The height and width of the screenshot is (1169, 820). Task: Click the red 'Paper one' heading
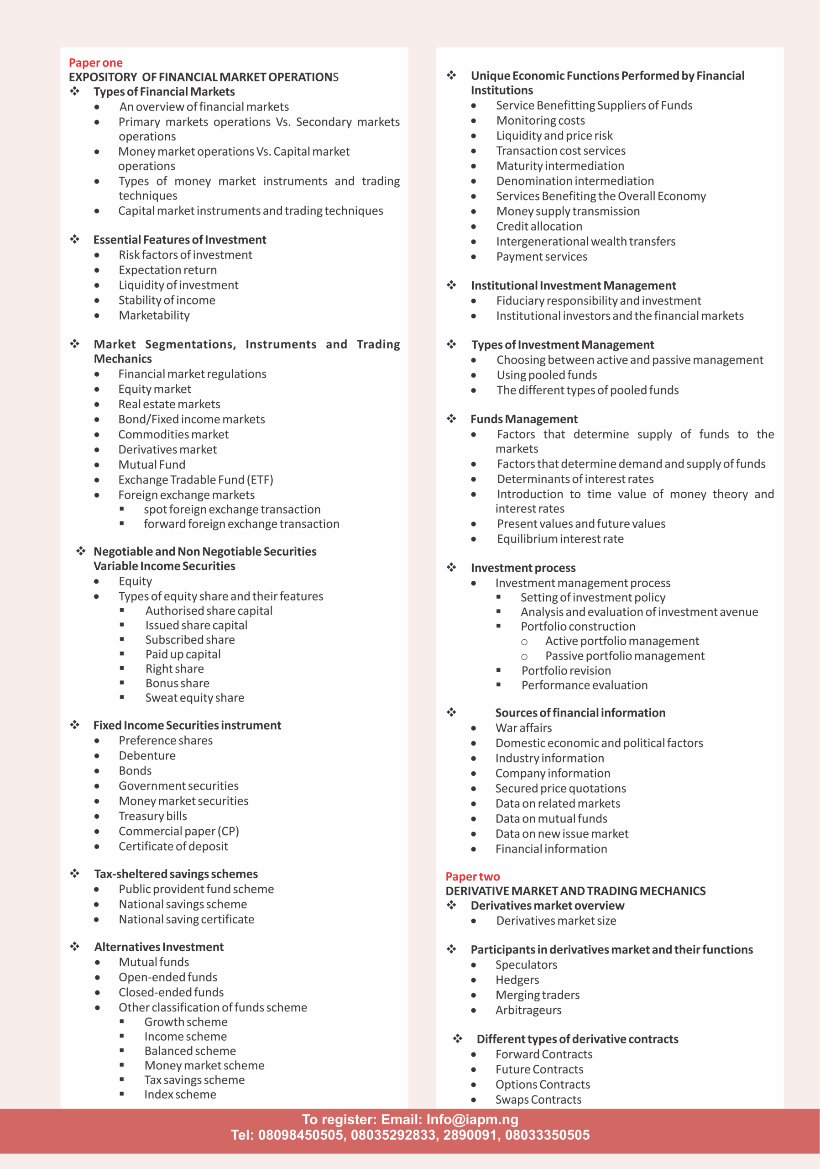tap(96, 63)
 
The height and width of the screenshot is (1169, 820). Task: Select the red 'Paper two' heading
tap(473, 876)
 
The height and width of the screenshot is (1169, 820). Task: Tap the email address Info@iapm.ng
tap(472, 1120)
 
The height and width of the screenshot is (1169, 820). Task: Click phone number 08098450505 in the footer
tap(301, 1135)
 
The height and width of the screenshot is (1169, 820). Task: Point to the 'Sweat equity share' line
tap(194, 698)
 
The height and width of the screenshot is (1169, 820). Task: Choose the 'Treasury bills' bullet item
tap(152, 816)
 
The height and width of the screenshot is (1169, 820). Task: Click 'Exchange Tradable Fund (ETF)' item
tap(195, 479)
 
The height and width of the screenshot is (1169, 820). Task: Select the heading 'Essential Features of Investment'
tap(180, 240)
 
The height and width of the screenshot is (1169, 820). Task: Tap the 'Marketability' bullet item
tap(154, 315)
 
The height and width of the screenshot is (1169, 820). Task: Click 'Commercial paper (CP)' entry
tap(178, 831)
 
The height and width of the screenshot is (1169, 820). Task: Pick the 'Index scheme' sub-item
tap(180, 1094)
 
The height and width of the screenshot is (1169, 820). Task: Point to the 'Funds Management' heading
tap(524, 419)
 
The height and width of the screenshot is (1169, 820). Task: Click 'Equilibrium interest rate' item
tap(560, 539)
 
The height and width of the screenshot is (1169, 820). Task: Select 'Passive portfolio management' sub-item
tap(625, 656)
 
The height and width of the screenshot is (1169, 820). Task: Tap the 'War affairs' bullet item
tap(523, 727)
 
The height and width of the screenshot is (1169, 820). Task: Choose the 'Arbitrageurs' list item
tap(528, 1010)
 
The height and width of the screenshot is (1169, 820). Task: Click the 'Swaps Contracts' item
tap(538, 1099)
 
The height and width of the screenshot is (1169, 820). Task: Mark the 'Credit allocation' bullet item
tap(539, 226)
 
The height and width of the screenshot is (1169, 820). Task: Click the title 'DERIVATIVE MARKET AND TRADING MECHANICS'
tap(575, 891)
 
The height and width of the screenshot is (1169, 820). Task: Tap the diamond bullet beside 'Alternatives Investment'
tap(75, 947)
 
